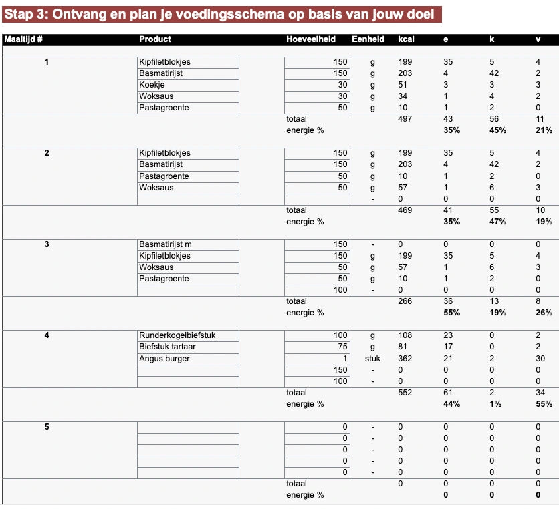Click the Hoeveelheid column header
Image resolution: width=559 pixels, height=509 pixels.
coord(310,39)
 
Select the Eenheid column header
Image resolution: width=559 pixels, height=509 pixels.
coord(368,39)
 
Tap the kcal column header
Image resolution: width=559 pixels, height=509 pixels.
coord(405,39)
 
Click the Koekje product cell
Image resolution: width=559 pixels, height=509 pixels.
coord(152,85)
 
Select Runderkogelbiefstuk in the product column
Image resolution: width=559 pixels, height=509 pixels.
coord(177,335)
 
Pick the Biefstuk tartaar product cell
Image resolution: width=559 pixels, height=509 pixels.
coord(167,347)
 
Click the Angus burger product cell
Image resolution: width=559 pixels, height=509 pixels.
coord(164,359)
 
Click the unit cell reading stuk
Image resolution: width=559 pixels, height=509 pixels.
coord(372,359)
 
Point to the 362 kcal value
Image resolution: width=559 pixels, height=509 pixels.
coord(405,359)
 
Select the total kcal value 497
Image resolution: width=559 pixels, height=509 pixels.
coord(405,119)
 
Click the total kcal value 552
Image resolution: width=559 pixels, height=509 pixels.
coord(405,393)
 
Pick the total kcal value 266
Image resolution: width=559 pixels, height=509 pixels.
coord(405,301)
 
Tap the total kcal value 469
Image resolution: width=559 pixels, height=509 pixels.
coord(405,210)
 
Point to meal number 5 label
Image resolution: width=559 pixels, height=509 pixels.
coord(46,427)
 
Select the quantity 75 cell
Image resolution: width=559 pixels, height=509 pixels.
coord(341,347)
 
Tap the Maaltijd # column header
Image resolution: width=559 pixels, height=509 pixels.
coord(23,39)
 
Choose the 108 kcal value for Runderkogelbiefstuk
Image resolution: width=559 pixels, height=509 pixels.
coord(405,335)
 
